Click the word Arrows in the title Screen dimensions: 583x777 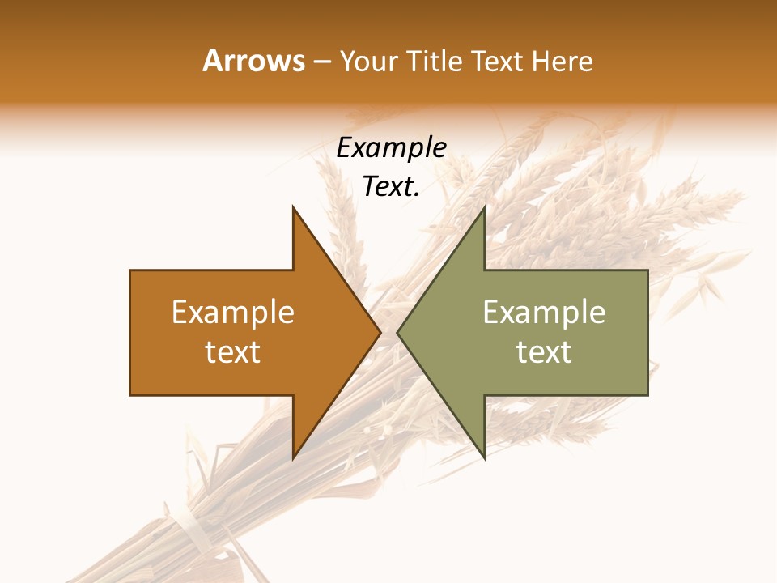pos(254,61)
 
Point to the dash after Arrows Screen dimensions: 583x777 pos(321,62)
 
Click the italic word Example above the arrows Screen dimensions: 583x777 pos(392,148)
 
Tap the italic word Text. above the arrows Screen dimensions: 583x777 pos(388,187)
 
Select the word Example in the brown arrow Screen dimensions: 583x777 pos(233,312)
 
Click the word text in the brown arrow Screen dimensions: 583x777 pos(233,352)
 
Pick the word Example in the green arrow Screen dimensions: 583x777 pos(544,312)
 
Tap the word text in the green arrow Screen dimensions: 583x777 pos(544,352)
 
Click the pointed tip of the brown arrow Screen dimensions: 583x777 pos(380,332)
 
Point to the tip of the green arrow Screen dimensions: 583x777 pos(397,332)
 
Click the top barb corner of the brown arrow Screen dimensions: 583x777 pos(293,207)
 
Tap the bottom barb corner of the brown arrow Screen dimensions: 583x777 pos(293,457)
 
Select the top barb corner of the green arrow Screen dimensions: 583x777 pos(484,207)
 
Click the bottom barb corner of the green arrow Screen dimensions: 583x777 pos(484,457)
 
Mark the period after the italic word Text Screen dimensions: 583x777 pos(417,195)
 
